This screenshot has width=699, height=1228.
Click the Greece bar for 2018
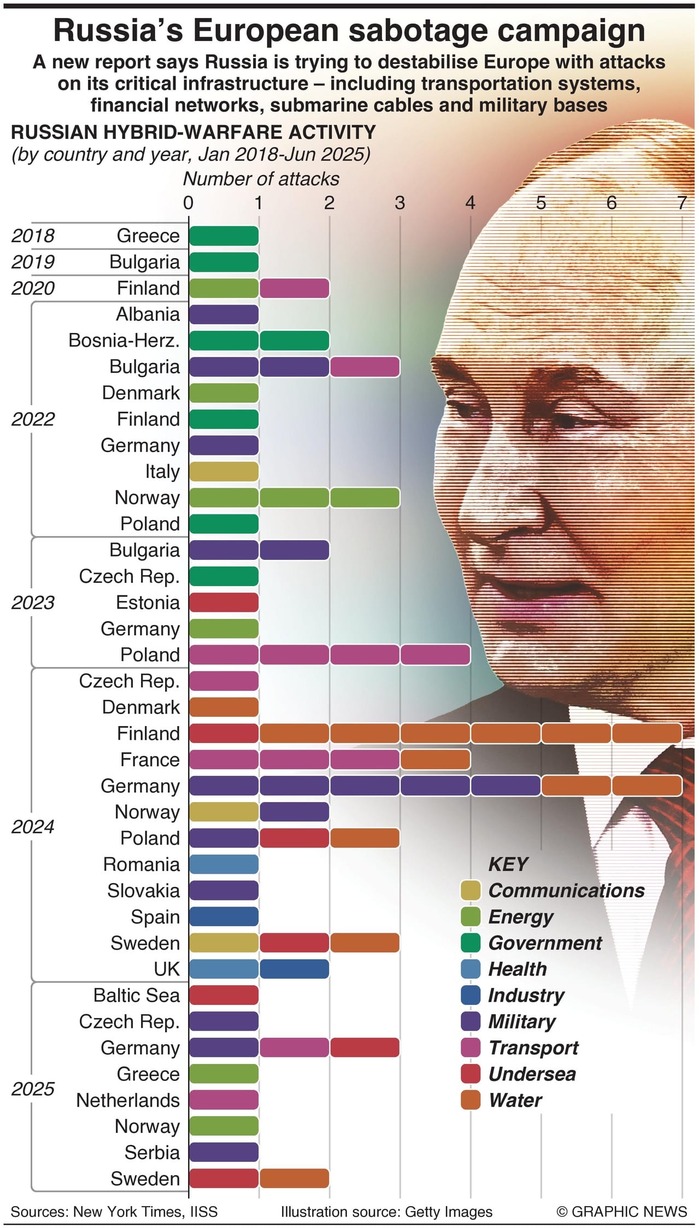(224, 236)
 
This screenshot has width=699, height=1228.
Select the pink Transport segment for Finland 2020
(294, 288)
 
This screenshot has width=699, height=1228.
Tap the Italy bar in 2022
(224, 471)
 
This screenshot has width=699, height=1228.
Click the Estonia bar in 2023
(224, 603)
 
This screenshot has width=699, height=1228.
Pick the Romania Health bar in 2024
(224, 864)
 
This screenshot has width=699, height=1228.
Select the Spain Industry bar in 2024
(224, 917)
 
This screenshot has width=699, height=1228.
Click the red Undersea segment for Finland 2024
(224, 733)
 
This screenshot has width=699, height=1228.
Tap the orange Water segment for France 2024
(435, 759)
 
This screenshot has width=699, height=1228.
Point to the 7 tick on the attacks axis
(681, 203)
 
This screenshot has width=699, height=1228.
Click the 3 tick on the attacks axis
(400, 203)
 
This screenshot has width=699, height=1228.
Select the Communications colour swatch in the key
(471, 891)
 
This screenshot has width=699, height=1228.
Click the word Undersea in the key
(532, 1074)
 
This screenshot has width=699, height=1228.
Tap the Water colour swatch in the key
(471, 1100)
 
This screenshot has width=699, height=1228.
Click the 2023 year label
(33, 603)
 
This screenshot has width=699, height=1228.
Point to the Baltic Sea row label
(136, 995)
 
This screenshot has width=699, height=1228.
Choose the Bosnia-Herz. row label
(124, 340)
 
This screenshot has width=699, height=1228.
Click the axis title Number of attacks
(261, 179)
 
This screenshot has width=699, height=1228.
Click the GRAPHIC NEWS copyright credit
(621, 1212)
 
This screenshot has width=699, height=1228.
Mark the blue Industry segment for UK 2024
(294, 969)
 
